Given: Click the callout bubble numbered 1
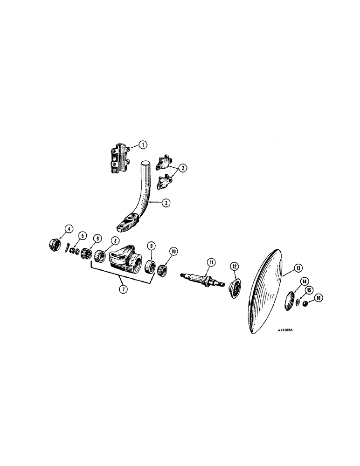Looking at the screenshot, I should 143,145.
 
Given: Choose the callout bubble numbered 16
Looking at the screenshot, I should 319,298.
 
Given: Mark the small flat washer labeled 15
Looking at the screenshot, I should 299,302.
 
